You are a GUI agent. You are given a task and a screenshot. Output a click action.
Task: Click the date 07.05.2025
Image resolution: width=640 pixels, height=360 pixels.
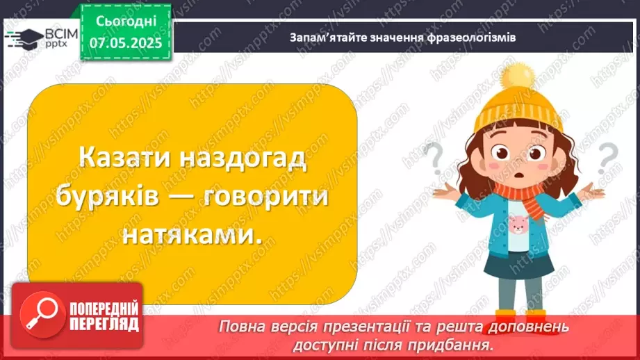[125, 42]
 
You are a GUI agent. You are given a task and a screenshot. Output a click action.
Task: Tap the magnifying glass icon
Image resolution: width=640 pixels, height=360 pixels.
[40, 317]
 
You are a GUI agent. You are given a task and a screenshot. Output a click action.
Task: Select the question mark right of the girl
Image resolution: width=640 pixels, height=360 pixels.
[609, 156]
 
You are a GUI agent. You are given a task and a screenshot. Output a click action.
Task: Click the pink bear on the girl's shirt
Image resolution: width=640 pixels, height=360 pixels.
[518, 223]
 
